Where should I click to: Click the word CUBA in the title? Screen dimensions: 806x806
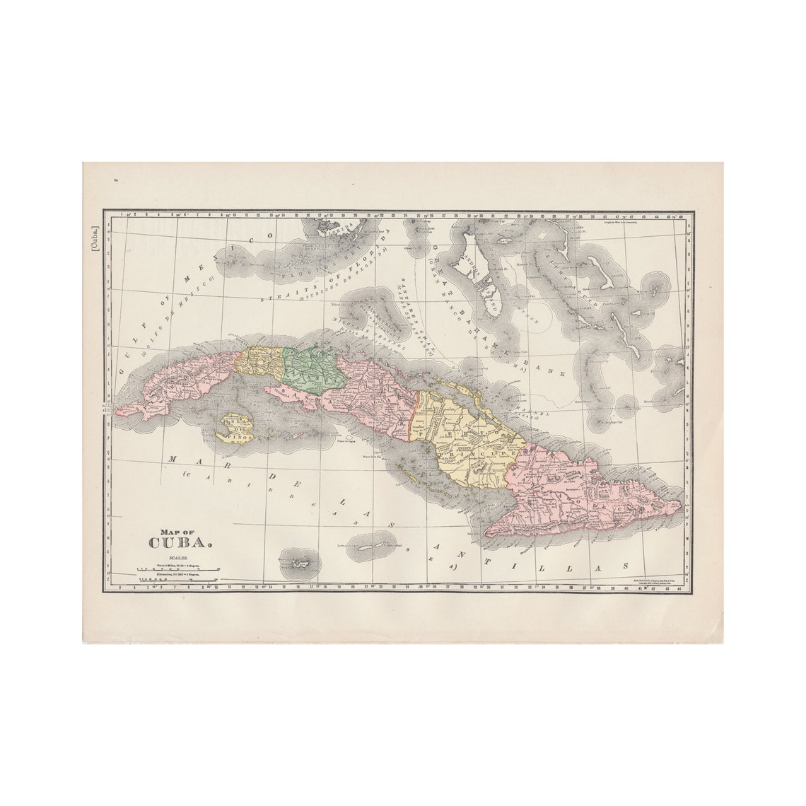click(x=180, y=543)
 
